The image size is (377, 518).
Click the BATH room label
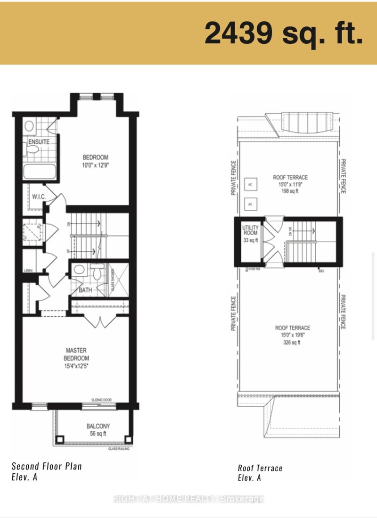pos(85,290)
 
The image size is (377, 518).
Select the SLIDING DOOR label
pos(101,400)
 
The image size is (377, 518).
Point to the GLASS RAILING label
pos(118,449)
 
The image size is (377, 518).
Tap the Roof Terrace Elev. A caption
pos(260,473)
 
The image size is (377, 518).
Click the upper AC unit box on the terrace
pos(250,185)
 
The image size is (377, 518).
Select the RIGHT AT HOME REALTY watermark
pos(188,498)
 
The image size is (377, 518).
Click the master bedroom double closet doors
pos(99,322)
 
